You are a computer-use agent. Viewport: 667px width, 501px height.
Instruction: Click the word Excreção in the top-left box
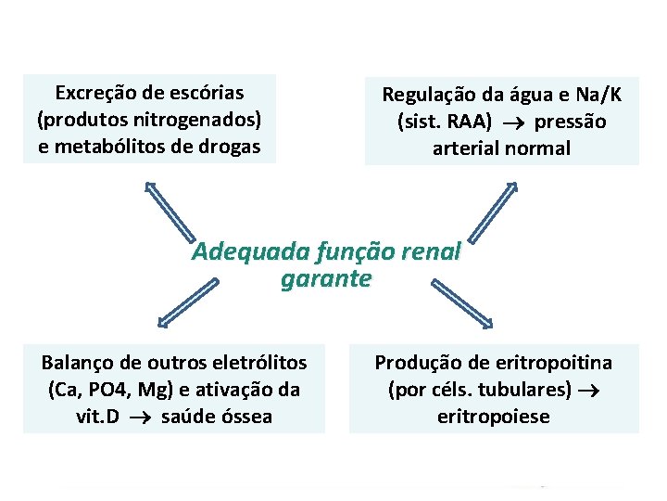94,93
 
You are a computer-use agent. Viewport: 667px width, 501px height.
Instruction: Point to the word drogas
230,147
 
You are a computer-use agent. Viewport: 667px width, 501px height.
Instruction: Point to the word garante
325,278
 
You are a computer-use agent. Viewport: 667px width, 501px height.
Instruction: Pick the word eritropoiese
493,416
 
